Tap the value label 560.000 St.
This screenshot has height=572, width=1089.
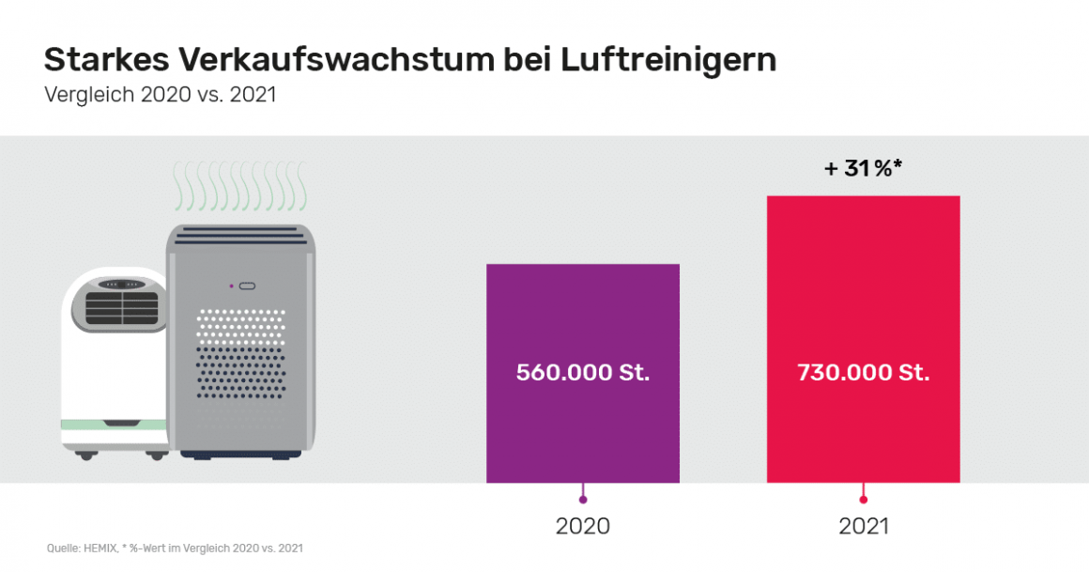click(582, 373)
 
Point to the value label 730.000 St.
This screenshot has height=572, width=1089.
click(863, 373)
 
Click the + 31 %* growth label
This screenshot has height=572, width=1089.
click(863, 169)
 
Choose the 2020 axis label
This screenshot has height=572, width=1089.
click(583, 526)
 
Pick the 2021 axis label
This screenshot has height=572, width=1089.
click(864, 526)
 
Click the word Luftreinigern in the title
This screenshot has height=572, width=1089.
click(668, 60)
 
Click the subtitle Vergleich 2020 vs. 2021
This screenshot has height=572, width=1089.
click(160, 95)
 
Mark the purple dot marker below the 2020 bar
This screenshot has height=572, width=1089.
click(583, 500)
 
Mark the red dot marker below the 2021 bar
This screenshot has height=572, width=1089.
click(864, 500)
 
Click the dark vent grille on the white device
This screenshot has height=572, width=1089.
click(117, 307)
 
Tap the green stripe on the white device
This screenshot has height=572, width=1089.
click(113, 425)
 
